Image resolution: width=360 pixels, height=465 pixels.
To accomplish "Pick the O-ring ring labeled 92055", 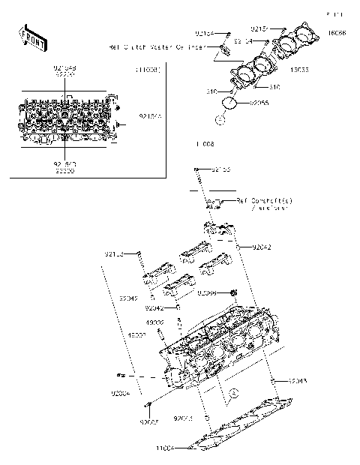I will pos(232,103).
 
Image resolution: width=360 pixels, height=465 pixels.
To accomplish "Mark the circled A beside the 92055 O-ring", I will pos(219,118).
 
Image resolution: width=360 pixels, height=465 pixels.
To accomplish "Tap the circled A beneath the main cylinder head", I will pos(232,392).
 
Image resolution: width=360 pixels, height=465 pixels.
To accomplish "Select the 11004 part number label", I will pos(165,448).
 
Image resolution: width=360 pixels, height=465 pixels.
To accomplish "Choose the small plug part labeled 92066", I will pos(232,292).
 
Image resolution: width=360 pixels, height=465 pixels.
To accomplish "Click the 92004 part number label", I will pos(121,392).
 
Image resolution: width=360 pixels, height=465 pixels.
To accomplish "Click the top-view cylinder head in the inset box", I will pos(68,120).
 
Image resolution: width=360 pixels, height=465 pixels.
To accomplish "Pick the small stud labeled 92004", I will pos(119,374).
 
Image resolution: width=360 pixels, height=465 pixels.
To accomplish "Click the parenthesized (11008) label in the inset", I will pos(147,70).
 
